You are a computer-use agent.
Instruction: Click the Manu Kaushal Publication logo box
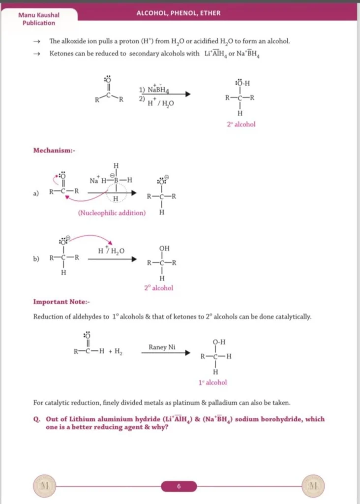39,19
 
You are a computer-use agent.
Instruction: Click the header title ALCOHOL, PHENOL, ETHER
179,13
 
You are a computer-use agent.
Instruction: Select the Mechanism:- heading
54,150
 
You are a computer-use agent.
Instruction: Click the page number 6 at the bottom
179,486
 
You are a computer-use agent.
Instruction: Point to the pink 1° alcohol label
213,382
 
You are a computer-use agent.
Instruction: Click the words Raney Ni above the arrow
162,347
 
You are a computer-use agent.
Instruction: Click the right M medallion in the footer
313,486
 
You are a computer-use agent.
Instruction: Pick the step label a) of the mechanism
36,193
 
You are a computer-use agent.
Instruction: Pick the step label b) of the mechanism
36,258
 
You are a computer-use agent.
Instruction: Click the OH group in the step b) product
164,249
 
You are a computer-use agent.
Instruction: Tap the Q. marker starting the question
36,419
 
